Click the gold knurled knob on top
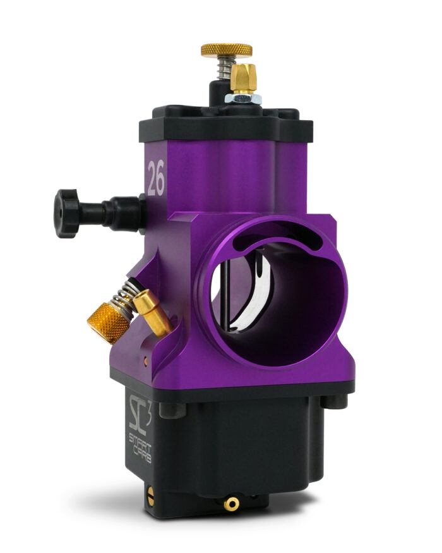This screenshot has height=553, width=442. (226, 50)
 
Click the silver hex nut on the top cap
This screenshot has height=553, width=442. (243, 99)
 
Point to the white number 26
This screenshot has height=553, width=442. (156, 178)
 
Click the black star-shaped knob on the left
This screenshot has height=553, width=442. (66, 214)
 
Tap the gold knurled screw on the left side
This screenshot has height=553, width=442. (108, 323)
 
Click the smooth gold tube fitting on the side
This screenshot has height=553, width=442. (153, 312)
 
